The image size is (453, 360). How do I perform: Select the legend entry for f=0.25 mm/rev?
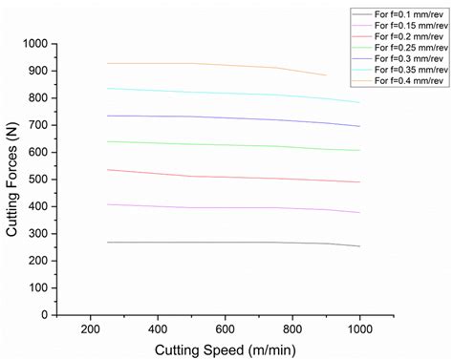coord(411,47)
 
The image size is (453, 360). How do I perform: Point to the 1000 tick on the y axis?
coord(35,44)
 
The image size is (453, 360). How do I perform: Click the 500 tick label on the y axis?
coord(38,180)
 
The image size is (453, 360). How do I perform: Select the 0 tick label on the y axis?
coord(45,314)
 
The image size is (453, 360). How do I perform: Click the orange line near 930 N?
coord(191,63)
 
